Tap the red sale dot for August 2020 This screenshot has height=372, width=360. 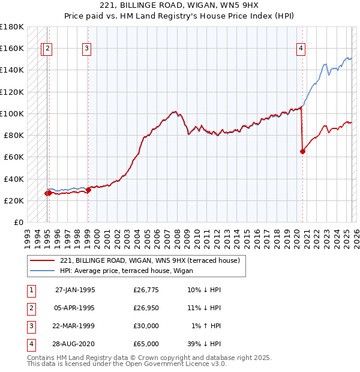[x=302, y=151]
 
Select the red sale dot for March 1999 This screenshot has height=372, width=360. [x=88, y=190]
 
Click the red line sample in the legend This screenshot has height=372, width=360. [x=43, y=260]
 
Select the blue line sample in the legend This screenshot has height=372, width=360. [x=43, y=271]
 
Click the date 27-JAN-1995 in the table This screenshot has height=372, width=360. [x=75, y=290]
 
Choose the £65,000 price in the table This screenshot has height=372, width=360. [x=146, y=344]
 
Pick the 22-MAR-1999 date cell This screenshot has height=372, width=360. [x=75, y=326]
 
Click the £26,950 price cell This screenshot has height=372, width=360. [x=146, y=308]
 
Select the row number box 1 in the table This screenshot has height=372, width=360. [x=29, y=290]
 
